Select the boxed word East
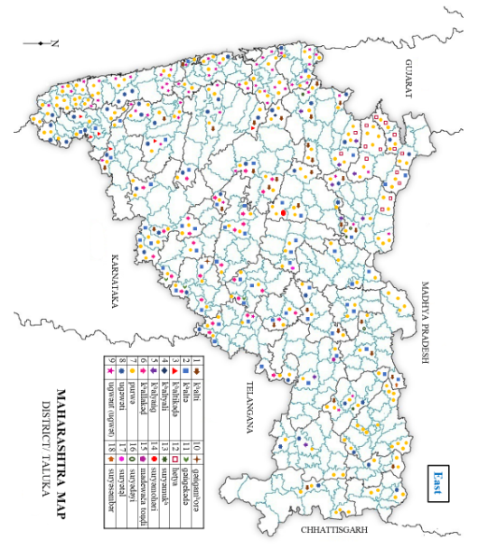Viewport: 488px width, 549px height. click(x=437, y=478)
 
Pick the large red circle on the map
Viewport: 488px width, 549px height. click(x=283, y=212)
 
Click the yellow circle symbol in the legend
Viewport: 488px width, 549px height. click(x=131, y=371)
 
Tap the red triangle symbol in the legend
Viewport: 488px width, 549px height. click(x=174, y=371)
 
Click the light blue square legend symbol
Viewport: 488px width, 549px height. click(x=185, y=371)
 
